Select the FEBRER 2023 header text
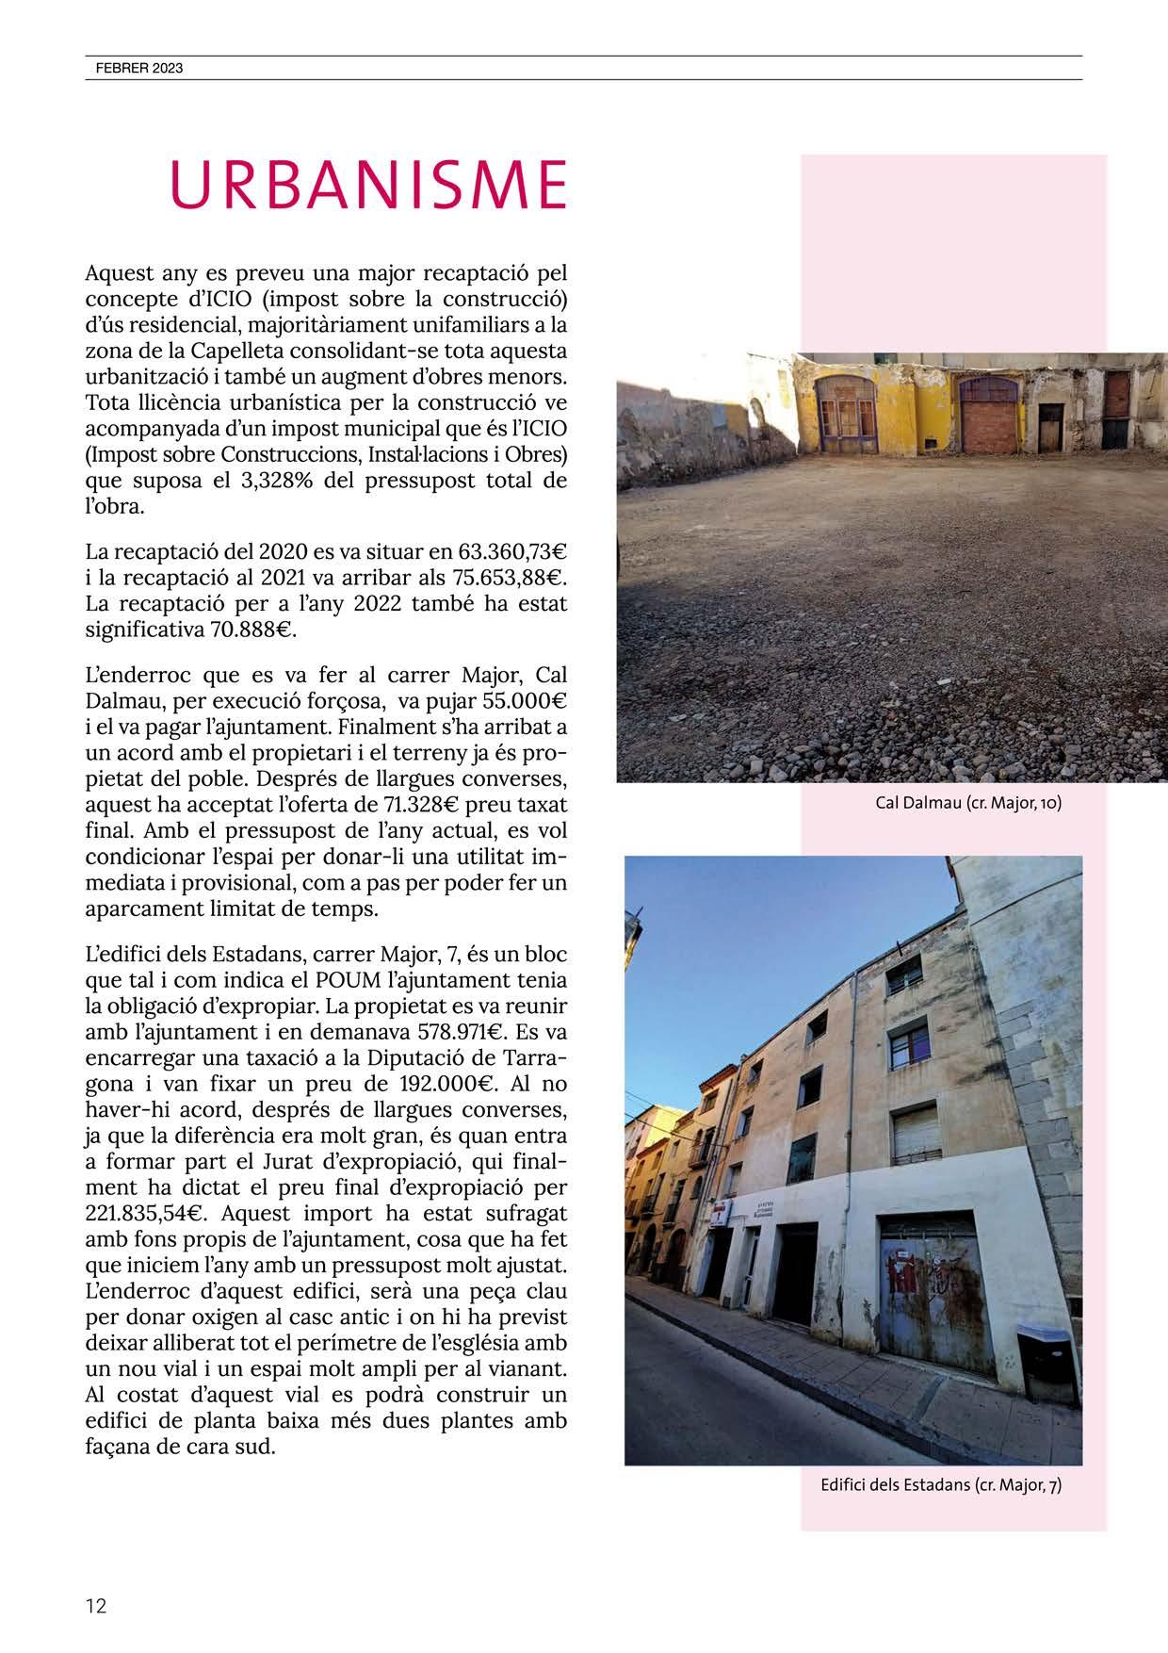point(138,68)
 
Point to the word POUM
point(349,979)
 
